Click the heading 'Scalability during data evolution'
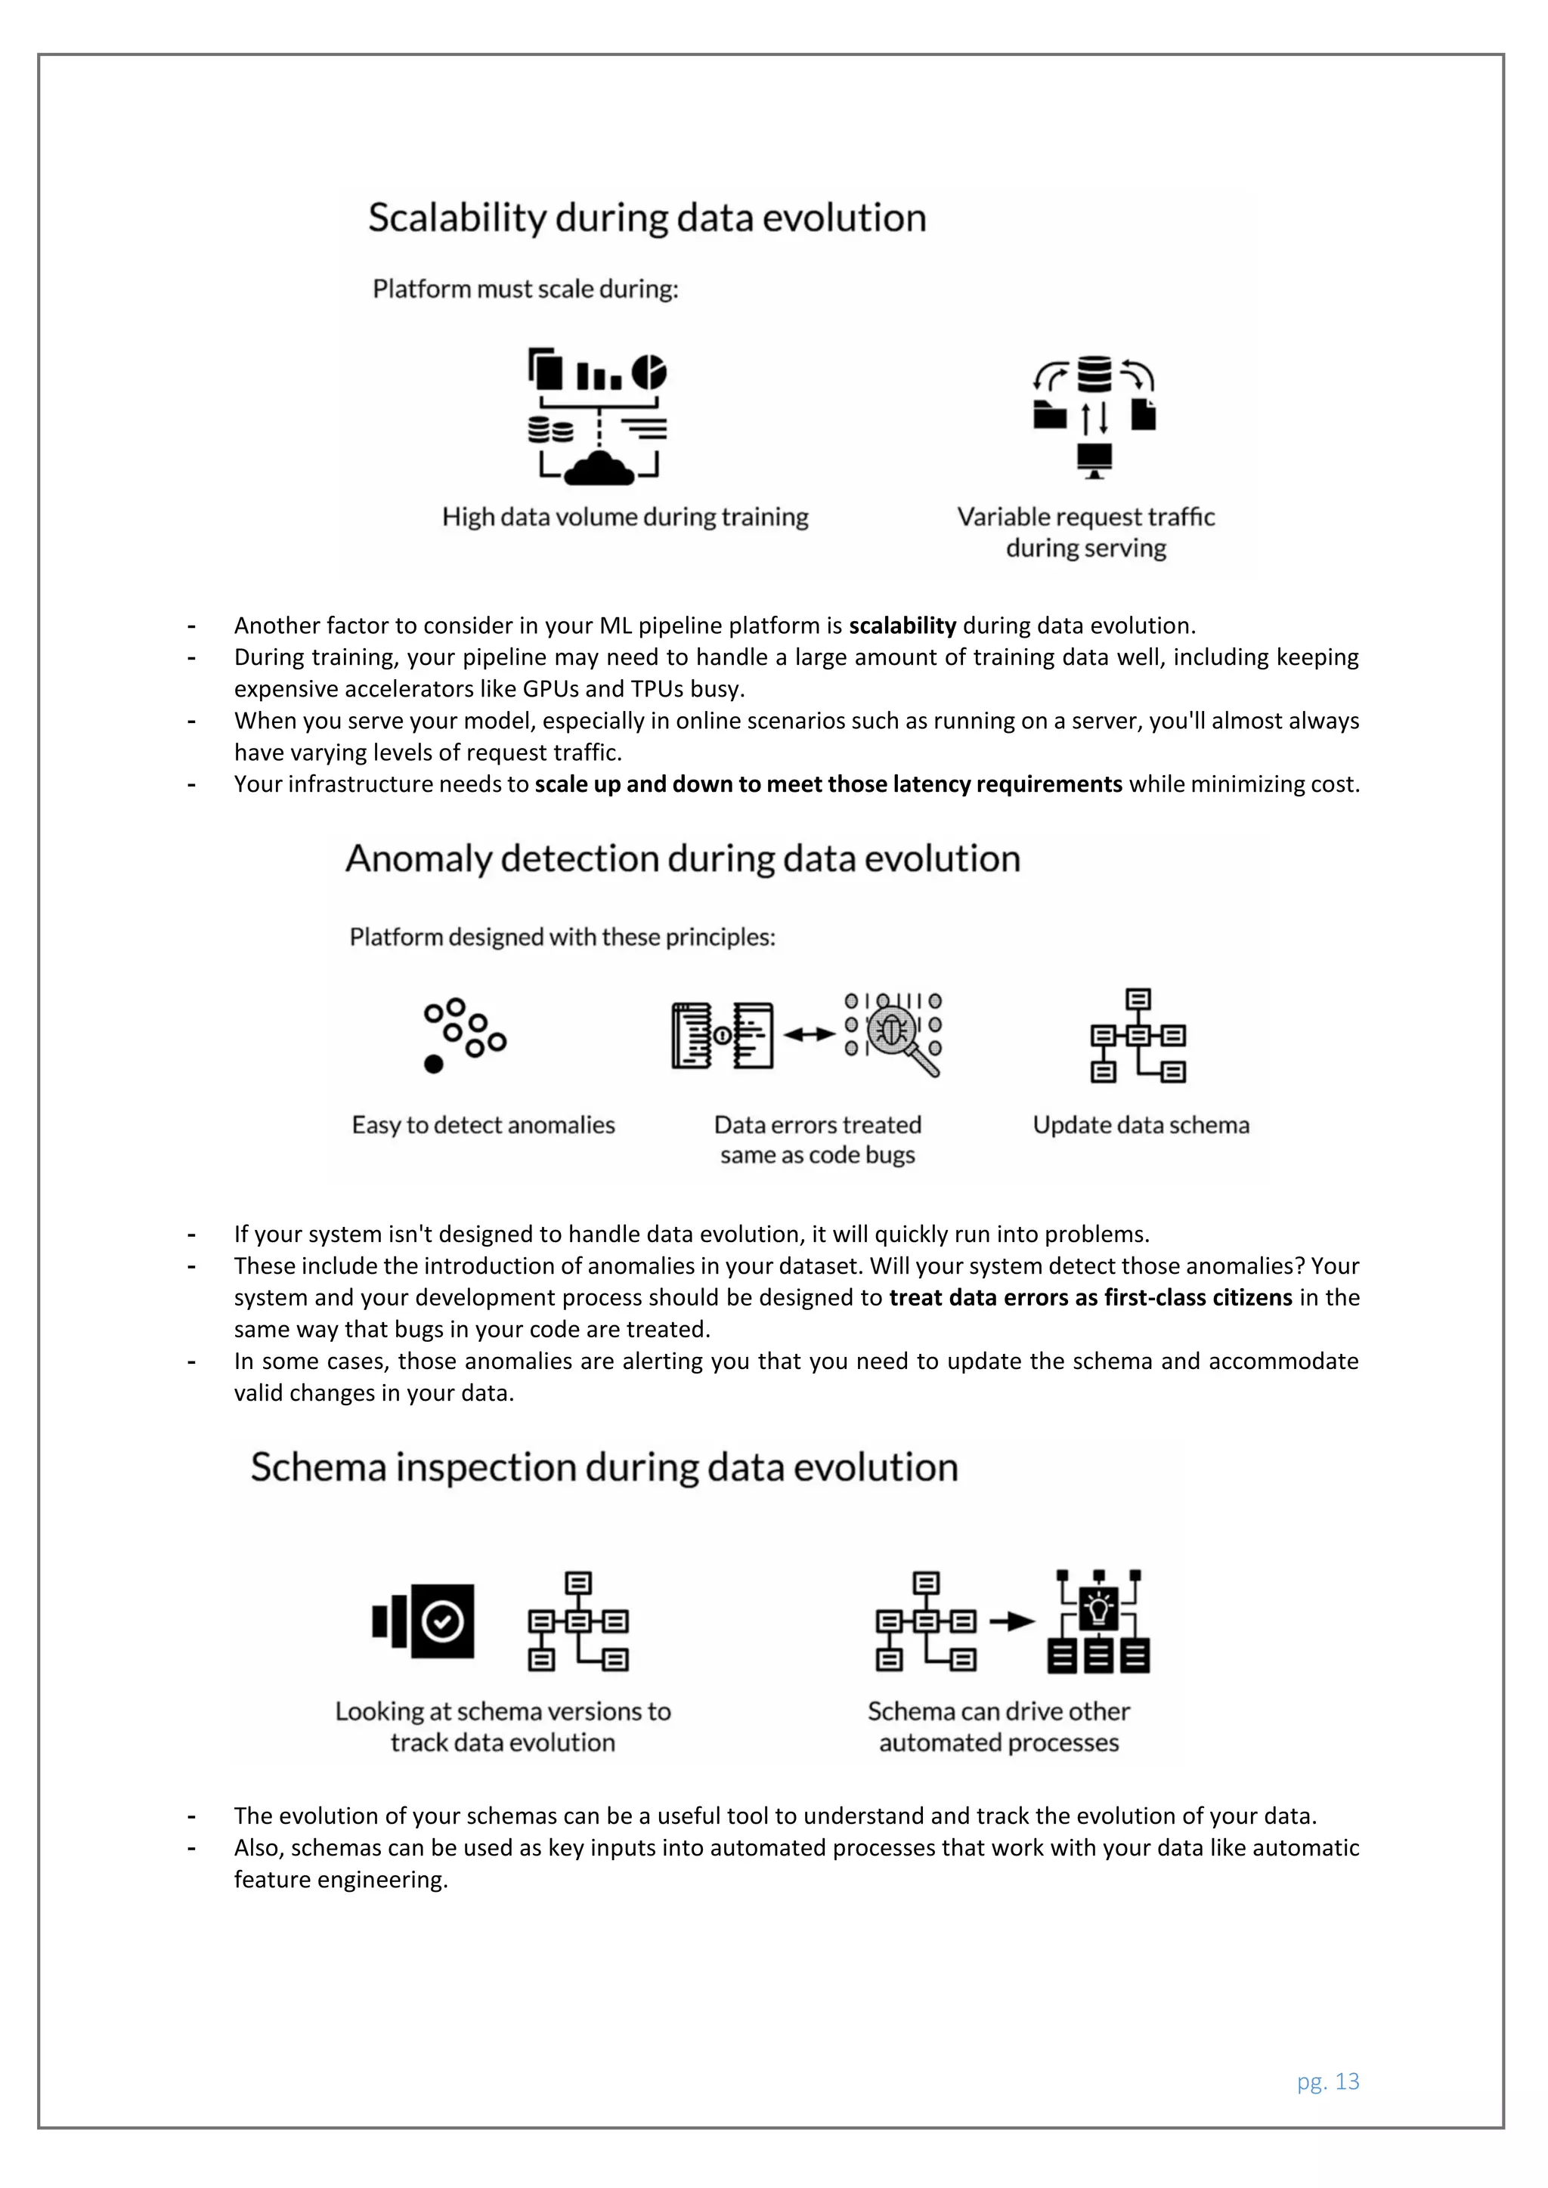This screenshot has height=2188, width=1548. (x=647, y=218)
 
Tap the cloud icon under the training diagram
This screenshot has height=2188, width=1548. (x=599, y=469)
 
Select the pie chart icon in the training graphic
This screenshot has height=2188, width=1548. (x=650, y=372)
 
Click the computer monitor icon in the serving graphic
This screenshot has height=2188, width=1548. (x=1094, y=460)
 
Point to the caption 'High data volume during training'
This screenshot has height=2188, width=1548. (x=625, y=518)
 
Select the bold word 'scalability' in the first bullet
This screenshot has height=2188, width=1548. (x=902, y=626)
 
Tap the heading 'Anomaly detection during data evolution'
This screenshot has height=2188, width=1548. (x=683, y=858)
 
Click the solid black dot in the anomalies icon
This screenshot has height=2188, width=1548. (x=434, y=1064)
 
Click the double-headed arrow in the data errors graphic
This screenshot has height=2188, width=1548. (x=810, y=1034)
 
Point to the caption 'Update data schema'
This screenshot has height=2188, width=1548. (x=1141, y=1126)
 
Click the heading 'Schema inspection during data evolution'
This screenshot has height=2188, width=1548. (x=605, y=1467)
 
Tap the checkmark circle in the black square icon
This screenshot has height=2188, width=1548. (x=442, y=1621)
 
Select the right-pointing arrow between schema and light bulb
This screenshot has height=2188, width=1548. (x=1011, y=1621)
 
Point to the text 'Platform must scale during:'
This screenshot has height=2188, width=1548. (x=525, y=289)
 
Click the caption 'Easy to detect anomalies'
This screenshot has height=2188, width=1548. (x=483, y=1126)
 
